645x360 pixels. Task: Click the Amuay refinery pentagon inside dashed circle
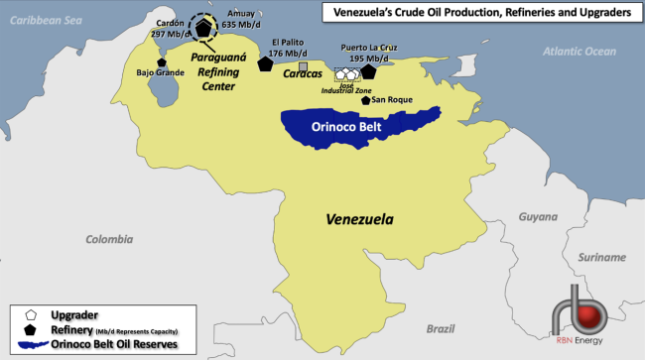(203, 29)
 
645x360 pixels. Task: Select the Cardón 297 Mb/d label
(171, 34)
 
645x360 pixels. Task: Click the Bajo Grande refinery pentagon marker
(162, 62)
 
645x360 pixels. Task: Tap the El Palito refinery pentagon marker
(265, 63)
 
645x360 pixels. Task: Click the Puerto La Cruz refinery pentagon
(369, 70)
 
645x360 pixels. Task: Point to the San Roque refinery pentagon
(366, 100)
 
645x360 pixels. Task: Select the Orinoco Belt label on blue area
(348, 126)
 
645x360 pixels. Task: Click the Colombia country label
(109, 239)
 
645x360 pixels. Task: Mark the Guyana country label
(539, 216)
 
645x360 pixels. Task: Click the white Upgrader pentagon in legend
(31, 312)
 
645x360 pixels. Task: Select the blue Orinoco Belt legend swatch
(31, 345)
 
